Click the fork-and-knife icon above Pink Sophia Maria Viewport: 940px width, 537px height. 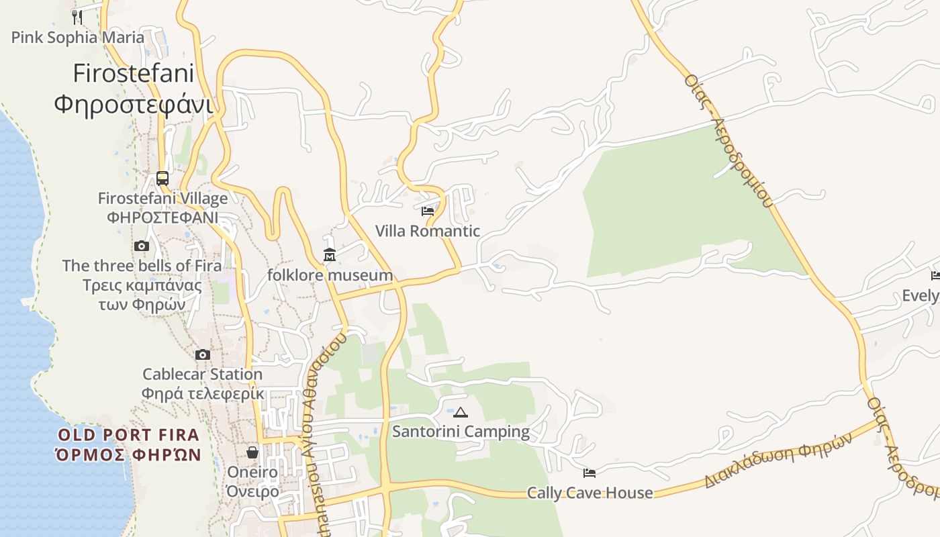(x=77, y=16)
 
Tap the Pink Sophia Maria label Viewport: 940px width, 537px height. (x=77, y=37)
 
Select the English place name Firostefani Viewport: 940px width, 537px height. (x=133, y=73)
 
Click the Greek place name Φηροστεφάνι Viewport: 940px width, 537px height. (x=133, y=104)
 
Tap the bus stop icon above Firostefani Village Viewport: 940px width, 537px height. (x=162, y=178)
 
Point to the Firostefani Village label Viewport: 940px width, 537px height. (x=162, y=199)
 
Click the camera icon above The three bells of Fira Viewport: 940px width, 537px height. (x=141, y=246)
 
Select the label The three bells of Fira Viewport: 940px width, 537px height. (x=142, y=266)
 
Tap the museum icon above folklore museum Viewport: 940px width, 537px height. (x=330, y=255)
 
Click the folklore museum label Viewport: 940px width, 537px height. (x=330, y=275)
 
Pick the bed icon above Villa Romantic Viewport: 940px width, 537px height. (x=428, y=211)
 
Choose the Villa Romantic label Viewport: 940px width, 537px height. (x=428, y=232)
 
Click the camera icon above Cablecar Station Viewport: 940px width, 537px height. (x=203, y=354)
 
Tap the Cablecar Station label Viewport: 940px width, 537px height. (x=203, y=375)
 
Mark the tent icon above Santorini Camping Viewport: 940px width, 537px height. (x=461, y=412)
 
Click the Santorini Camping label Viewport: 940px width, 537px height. (x=461, y=432)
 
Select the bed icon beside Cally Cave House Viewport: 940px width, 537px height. (x=590, y=473)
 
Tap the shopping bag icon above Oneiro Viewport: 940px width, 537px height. (x=252, y=452)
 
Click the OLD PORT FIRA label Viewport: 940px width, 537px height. (x=128, y=435)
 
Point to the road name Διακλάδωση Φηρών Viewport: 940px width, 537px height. (x=778, y=460)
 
